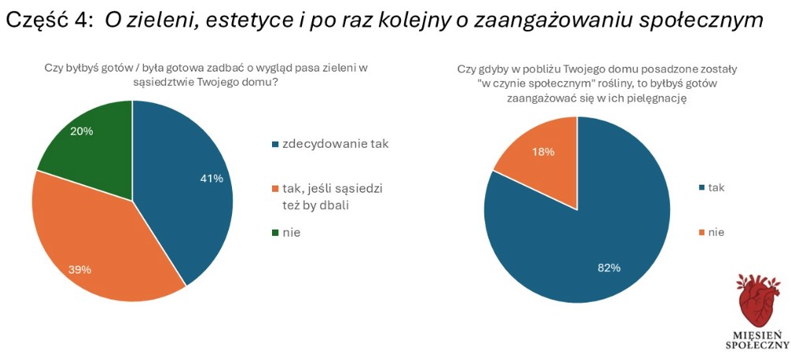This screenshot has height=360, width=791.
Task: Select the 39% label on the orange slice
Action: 80,270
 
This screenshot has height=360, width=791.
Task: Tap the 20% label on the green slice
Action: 82,131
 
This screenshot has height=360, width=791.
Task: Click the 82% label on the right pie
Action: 609,268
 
